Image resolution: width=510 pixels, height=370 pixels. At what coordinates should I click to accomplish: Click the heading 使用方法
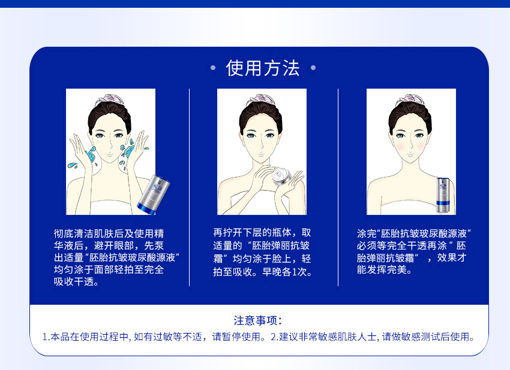(x=262, y=68)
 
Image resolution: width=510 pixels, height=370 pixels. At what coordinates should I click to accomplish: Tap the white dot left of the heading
(x=213, y=68)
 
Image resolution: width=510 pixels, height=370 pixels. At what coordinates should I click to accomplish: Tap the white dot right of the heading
(x=313, y=68)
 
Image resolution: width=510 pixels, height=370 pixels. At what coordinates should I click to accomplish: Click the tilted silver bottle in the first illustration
(x=153, y=192)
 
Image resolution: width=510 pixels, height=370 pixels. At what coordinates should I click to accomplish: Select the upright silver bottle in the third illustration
(x=443, y=195)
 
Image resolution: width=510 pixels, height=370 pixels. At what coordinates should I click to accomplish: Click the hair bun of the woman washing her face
(x=109, y=101)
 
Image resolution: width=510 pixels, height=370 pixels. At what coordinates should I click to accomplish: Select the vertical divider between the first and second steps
(x=189, y=187)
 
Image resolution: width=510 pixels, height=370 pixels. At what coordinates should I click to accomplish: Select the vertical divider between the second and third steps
(x=338, y=187)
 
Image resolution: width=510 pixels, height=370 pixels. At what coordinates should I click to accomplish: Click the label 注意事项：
(x=257, y=321)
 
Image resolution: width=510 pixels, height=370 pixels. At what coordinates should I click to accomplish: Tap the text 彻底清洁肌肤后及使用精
(x=109, y=233)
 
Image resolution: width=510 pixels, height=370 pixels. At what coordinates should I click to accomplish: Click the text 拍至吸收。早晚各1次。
(x=262, y=272)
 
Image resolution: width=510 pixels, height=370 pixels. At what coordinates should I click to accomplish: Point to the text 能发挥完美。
(x=384, y=269)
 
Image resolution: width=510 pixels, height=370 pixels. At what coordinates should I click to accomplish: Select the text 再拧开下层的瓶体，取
(x=262, y=233)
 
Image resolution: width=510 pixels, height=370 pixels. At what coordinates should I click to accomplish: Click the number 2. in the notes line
(x=274, y=337)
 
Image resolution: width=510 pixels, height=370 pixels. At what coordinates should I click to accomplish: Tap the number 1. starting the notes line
(x=46, y=337)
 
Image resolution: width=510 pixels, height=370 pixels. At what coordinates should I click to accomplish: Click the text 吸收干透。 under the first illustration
(x=76, y=282)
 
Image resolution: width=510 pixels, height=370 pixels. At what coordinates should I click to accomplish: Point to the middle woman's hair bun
(x=260, y=101)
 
